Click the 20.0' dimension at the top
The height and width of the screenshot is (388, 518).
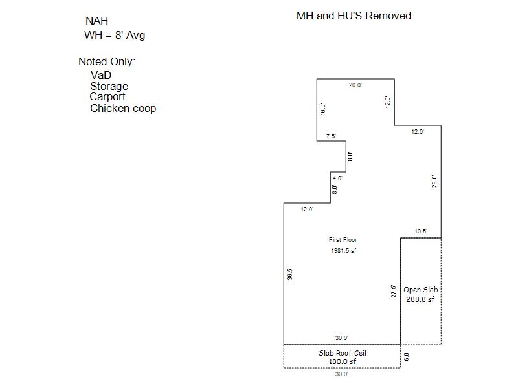point(355,85)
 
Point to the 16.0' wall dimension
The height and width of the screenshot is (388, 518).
point(322,109)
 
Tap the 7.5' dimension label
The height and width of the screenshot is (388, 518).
point(331,136)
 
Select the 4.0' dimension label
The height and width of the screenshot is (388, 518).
point(337,178)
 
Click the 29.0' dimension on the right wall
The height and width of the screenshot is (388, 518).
point(434,182)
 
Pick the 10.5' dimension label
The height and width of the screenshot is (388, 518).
point(421,232)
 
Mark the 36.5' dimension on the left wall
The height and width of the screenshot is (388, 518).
point(289,274)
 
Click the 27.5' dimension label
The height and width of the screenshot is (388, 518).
point(394,292)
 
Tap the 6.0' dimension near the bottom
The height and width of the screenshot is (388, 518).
point(407,357)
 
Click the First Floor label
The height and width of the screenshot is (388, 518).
point(343,239)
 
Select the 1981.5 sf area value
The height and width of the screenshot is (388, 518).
point(344,251)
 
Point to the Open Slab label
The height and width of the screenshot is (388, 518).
point(420,290)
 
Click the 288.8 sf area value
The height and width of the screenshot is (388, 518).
point(420,299)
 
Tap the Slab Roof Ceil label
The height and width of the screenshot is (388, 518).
point(343,353)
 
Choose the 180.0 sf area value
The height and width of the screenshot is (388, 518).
point(343,361)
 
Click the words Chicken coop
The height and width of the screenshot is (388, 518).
point(123,108)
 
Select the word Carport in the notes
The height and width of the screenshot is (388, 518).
point(107,96)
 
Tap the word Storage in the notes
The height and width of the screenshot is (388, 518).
point(109,86)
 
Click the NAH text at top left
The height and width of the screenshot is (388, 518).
point(96,21)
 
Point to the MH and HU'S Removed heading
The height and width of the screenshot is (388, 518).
point(354,16)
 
